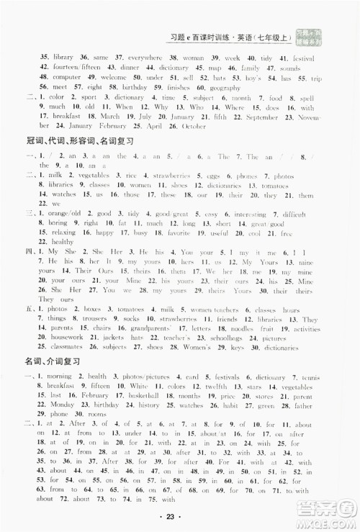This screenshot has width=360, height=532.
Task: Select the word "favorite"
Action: [x=179, y=233]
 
